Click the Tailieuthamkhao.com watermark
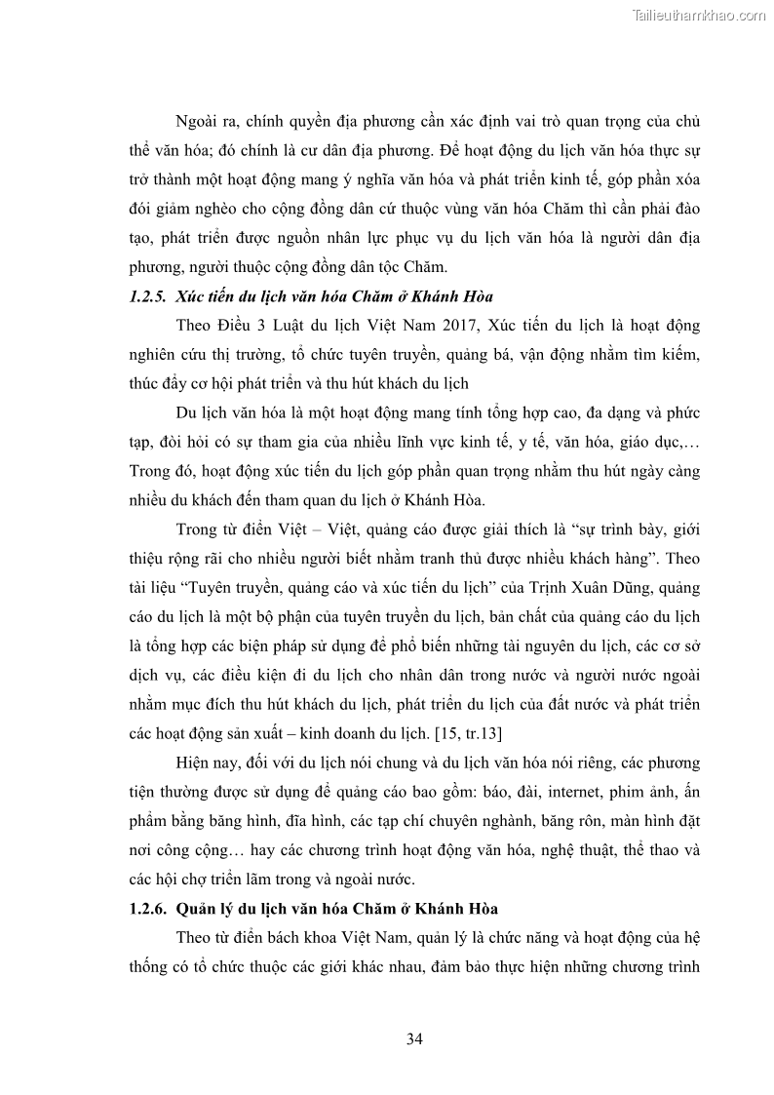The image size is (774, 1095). [x=700, y=15]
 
